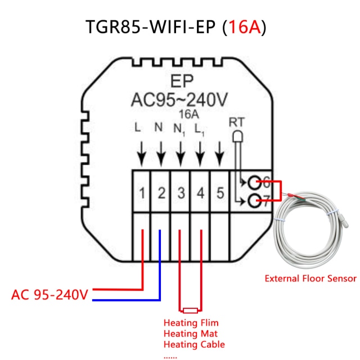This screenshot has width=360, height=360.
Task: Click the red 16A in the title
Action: pos(242,26)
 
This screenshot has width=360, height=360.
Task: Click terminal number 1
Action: pos(142,193)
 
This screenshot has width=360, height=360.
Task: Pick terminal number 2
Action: pos(161,193)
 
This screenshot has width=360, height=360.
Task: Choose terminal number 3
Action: pos(181,193)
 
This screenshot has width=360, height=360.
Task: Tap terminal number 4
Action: pos(200,193)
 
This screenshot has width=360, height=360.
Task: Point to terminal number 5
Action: pos(220,193)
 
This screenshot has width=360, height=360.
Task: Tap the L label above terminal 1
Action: pos(138,128)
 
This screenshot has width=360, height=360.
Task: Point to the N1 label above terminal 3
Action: pos(179,129)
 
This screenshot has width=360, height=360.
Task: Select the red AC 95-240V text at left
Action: pos(50,295)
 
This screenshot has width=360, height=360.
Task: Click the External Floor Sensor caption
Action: pos(310,278)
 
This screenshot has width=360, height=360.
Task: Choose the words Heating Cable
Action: pos(193,344)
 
